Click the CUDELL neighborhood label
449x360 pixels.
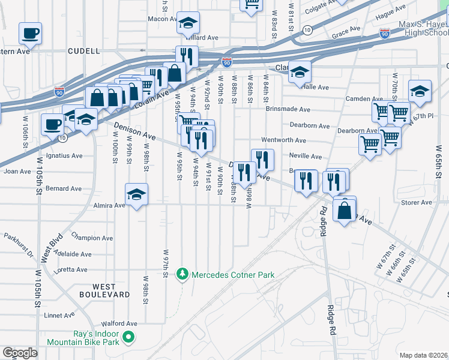tap(83, 51)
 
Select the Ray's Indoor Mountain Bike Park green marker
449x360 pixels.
tap(127, 338)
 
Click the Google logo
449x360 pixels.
tap(20, 352)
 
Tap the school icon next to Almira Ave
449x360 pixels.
tap(137, 194)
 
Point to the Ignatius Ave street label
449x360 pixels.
tap(64, 156)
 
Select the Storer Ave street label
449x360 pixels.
tap(417, 203)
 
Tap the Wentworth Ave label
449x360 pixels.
tap(283, 140)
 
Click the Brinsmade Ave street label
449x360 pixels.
tap(288, 110)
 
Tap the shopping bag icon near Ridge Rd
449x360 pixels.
tap(345, 211)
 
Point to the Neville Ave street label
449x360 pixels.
tap(305, 157)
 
